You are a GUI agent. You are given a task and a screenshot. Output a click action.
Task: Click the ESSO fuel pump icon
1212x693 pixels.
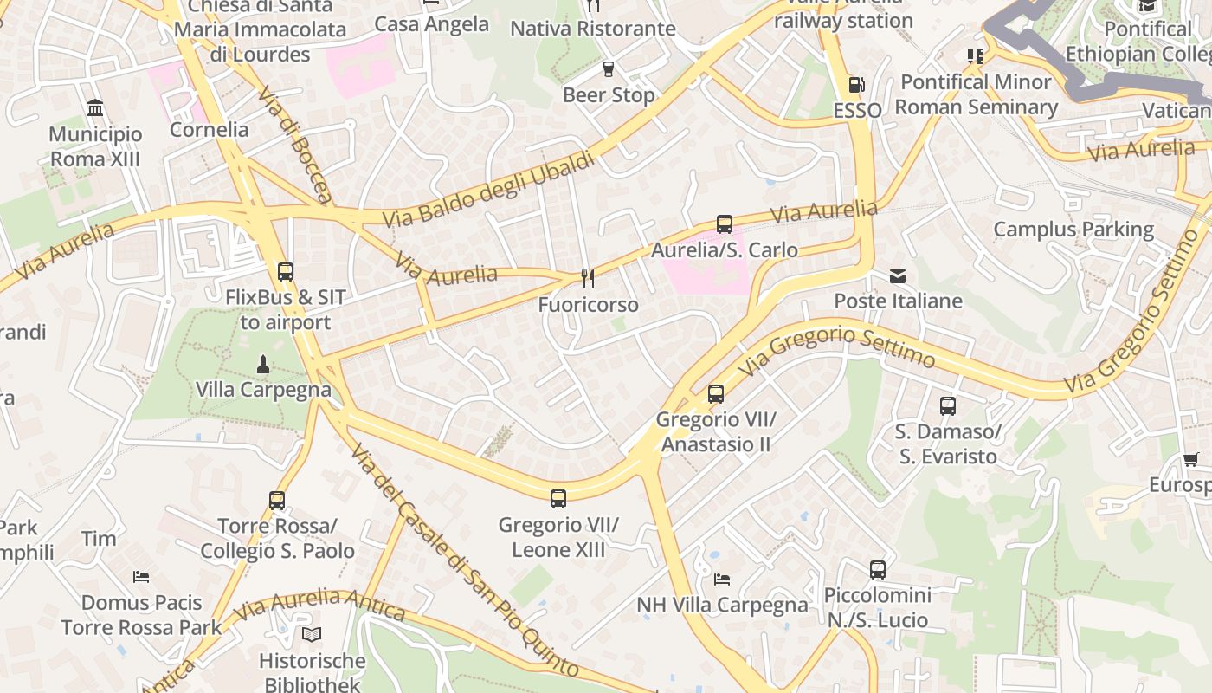pyautogui.click(x=856, y=85)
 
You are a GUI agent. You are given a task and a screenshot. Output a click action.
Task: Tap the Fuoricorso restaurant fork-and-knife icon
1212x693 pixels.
pyautogui.click(x=588, y=278)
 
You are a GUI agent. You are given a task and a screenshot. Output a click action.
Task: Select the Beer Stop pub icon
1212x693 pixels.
pyautogui.click(x=609, y=69)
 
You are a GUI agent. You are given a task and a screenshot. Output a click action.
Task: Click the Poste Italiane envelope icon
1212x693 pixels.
pyautogui.click(x=898, y=276)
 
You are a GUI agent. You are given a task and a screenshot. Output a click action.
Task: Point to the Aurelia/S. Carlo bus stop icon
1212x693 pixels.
pyautogui.click(x=725, y=224)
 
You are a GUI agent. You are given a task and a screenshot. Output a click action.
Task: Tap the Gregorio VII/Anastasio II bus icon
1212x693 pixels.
pyautogui.click(x=716, y=394)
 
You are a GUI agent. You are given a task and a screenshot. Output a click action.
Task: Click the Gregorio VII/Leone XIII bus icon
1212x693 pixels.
pyautogui.click(x=558, y=498)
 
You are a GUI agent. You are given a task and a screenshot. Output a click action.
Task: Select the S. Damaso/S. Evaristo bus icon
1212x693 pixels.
pyautogui.click(x=948, y=405)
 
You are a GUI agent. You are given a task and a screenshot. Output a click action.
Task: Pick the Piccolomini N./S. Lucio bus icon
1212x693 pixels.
pyautogui.click(x=878, y=570)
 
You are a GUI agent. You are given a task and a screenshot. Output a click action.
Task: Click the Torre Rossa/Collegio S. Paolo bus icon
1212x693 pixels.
pyautogui.click(x=277, y=500)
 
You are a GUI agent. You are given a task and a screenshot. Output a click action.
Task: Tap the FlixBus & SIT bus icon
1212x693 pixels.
pyautogui.click(x=286, y=271)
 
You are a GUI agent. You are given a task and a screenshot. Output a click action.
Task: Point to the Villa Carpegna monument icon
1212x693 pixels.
pyautogui.click(x=263, y=364)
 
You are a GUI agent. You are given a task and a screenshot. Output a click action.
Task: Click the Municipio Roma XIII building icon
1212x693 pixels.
pyautogui.click(x=95, y=108)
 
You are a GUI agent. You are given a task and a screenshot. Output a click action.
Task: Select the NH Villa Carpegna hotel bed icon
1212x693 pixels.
pyautogui.click(x=722, y=579)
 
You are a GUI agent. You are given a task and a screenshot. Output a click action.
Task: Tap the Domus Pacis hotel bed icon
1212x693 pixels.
pyautogui.click(x=141, y=576)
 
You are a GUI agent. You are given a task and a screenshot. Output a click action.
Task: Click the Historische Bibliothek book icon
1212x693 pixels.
pyautogui.click(x=312, y=634)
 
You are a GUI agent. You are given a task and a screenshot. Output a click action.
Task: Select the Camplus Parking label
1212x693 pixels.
pyautogui.click(x=1073, y=230)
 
